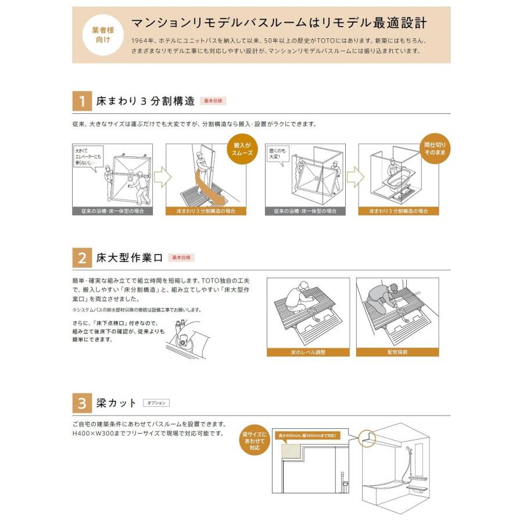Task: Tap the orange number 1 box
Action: [x=82, y=102]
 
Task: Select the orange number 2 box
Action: [x=82, y=257]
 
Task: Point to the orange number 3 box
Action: [x=82, y=403]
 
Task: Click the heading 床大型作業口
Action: [x=130, y=257]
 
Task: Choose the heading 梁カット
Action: [x=117, y=403]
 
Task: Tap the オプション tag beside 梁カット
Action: [x=156, y=403]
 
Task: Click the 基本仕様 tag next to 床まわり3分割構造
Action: [x=213, y=101]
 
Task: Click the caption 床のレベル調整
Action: [x=308, y=352]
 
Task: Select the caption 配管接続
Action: [x=397, y=352]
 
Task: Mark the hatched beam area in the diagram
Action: [x=292, y=450]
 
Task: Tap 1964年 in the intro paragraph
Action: [x=143, y=41]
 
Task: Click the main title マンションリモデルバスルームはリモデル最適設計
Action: [x=279, y=23]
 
